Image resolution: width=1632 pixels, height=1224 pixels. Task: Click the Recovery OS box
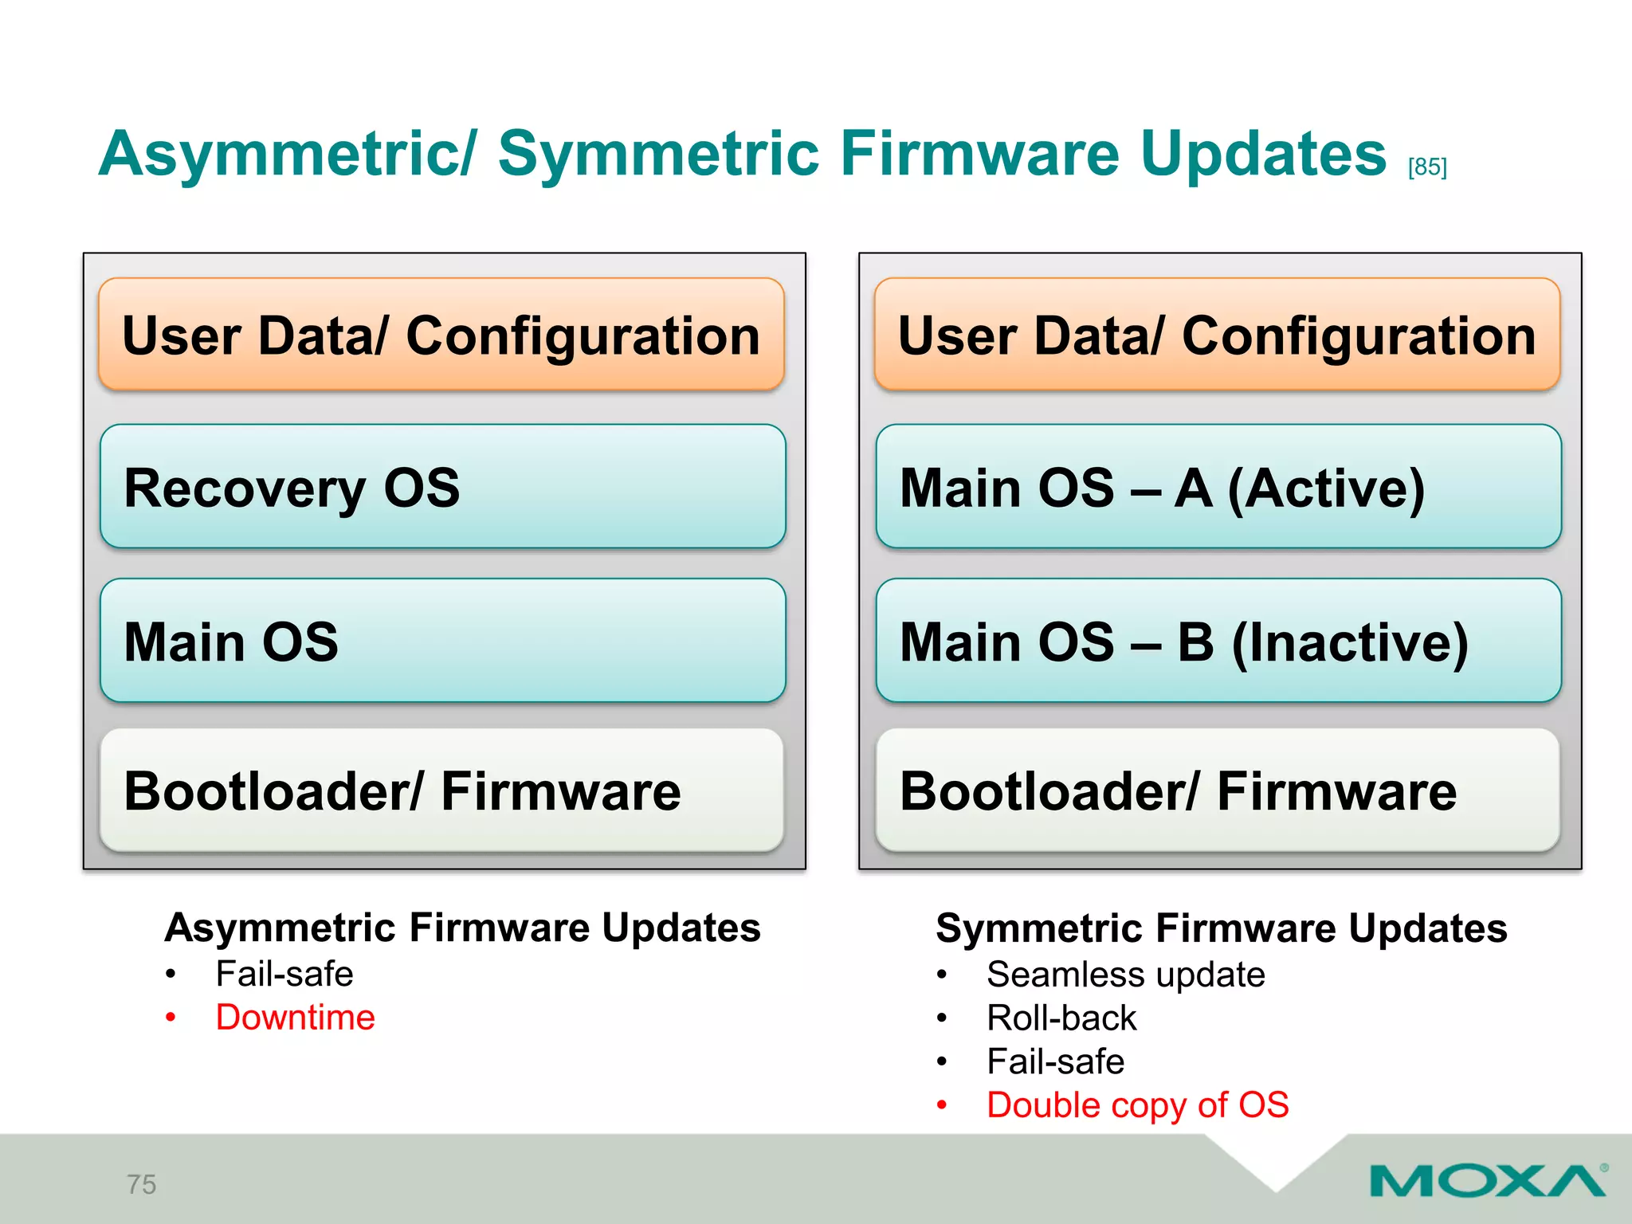[442, 486]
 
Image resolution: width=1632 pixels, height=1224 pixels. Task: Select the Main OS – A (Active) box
[1218, 486]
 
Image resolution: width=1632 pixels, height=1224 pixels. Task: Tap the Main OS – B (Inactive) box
[1218, 641]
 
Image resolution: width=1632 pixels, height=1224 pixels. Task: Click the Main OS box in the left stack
[442, 641]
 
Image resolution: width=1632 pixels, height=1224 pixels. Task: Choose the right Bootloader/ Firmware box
[1218, 790]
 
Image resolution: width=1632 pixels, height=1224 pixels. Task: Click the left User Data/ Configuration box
[441, 335]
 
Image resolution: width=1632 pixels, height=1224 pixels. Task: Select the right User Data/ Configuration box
[1217, 335]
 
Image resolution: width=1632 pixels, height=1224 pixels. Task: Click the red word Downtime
[295, 1018]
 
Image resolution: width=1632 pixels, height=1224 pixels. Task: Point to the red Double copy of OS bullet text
[1137, 1105]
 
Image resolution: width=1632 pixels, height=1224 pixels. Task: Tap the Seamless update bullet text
[1125, 975]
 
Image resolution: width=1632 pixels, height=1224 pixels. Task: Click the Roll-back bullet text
[1061, 1018]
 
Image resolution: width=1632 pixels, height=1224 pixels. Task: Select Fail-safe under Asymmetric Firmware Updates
[284, 974]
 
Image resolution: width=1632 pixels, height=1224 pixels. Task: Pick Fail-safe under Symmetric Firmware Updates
[1055, 1061]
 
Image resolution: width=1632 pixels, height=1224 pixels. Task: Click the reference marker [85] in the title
[1426, 167]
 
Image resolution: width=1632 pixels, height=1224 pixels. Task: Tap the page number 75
[142, 1184]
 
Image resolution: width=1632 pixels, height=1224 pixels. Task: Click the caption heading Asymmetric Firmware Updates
[462, 928]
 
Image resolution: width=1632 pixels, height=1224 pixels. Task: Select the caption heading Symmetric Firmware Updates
[1221, 928]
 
